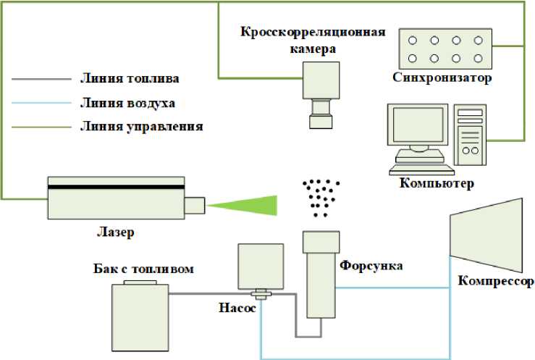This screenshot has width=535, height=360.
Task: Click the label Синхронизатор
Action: pyautogui.click(x=442, y=78)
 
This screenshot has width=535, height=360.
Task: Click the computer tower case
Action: pyautogui.click(x=469, y=135)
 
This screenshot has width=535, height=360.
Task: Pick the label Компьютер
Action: pyautogui.click(x=437, y=183)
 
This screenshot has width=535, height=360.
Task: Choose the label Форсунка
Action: pyautogui.click(x=371, y=266)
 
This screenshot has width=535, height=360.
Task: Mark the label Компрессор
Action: pyautogui.click(x=495, y=281)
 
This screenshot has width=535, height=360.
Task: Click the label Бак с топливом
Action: pyautogui.click(x=144, y=269)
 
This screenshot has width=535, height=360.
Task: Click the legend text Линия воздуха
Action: pyautogui.click(x=127, y=102)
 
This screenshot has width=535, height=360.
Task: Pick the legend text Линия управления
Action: pyautogui.click(x=140, y=126)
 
